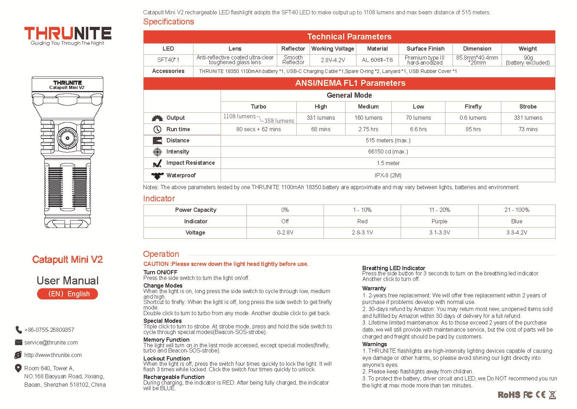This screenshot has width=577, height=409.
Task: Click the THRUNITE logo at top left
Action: tap(68, 34)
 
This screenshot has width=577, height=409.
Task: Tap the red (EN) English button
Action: tap(67, 294)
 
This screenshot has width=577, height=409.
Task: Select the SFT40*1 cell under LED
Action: tap(168, 60)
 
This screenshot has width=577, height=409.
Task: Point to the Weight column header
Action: tap(527, 49)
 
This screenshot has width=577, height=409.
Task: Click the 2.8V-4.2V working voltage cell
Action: tap(333, 60)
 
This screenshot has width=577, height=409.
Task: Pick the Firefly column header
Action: tap(473, 106)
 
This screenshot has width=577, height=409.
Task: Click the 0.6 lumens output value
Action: tap(473, 118)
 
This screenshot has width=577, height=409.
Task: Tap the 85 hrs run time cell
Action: tap(473, 129)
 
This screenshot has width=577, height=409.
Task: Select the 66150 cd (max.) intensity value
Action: tap(388, 151)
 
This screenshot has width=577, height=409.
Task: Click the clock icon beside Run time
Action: tap(157, 129)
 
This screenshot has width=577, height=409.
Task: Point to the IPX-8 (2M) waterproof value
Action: tap(388, 175)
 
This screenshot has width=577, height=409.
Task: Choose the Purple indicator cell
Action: tap(439, 221)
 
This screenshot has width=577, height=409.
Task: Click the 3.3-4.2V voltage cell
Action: tap(517, 232)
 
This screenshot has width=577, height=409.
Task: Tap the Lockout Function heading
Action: tap(167, 358)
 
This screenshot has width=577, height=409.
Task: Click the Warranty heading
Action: tap(374, 288)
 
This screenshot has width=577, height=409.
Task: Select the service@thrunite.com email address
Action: tap(51, 342)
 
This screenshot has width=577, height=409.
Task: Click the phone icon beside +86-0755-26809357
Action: tap(19, 329)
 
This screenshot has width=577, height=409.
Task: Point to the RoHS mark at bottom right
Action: tap(509, 395)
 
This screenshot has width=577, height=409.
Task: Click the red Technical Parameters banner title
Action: tap(349, 37)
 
